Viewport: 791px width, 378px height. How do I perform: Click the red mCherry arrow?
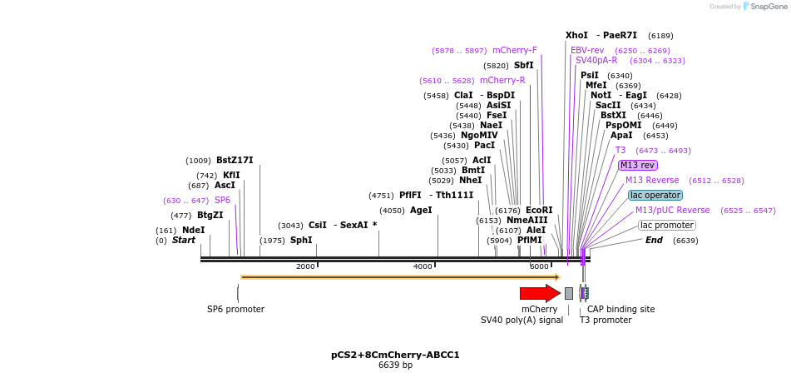pos(539,293)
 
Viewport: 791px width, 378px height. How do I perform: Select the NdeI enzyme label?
pos(193,230)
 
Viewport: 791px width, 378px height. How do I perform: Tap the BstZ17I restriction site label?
pos(235,160)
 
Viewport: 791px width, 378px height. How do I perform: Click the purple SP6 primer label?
pos(222,201)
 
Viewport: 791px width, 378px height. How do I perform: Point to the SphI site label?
pos(301,241)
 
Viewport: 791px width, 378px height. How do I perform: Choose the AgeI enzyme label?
pos(421,211)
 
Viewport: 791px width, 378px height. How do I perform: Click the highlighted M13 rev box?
pos(638,165)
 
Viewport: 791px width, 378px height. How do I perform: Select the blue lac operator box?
pos(655,195)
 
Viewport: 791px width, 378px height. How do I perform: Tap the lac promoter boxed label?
pos(667,225)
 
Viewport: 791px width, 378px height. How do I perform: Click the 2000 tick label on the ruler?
pos(305,266)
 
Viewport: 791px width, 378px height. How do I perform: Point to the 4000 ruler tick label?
pos(423,266)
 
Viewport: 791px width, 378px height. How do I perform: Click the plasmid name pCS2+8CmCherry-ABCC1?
pos(395,355)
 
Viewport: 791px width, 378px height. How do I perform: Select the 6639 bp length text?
pos(395,365)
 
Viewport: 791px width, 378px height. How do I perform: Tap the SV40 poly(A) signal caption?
pos(522,320)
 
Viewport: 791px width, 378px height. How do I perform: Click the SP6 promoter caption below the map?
pos(235,309)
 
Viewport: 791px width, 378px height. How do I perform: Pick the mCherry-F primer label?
pos(515,50)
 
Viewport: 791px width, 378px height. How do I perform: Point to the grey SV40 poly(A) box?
pos(569,293)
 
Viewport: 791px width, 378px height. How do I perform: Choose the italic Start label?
pos(183,241)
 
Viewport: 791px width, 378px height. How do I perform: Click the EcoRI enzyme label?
pos(539,211)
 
